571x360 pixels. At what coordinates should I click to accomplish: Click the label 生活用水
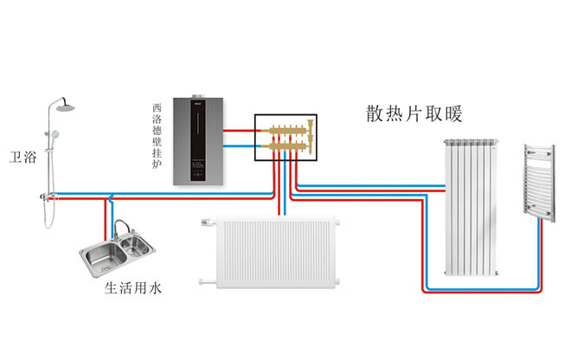tap(134, 286)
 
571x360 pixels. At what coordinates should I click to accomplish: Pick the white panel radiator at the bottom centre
tap(270, 251)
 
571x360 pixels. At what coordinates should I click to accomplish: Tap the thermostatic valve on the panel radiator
tap(204, 223)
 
